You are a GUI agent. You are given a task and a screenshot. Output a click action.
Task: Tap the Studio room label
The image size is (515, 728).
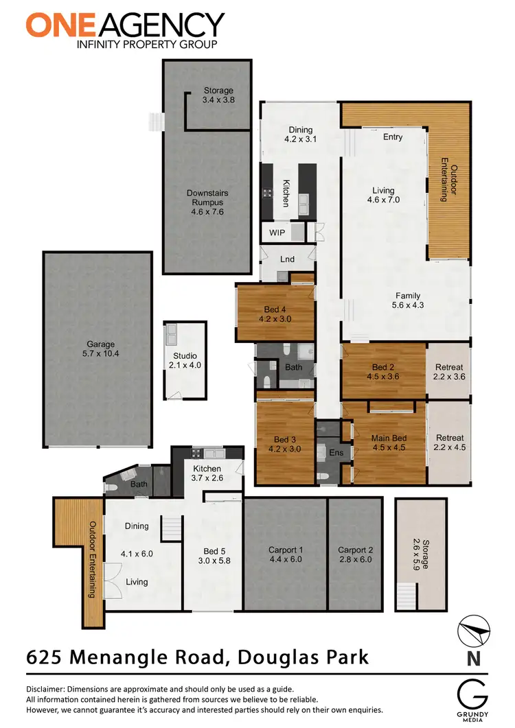click(x=185, y=355)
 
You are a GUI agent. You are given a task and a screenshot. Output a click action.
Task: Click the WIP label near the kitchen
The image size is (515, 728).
click(x=277, y=233)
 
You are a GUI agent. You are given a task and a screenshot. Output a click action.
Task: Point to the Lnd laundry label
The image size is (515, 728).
click(x=288, y=259)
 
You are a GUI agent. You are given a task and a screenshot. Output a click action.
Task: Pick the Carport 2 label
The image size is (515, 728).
click(x=355, y=550)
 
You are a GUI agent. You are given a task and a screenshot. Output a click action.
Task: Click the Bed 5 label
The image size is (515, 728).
click(x=214, y=551)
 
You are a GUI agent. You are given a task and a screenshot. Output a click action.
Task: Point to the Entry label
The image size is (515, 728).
click(x=393, y=137)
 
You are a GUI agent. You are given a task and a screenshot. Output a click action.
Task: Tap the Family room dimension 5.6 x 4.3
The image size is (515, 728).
click(x=407, y=306)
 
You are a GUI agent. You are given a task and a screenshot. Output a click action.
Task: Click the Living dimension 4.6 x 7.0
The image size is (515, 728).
click(x=383, y=200)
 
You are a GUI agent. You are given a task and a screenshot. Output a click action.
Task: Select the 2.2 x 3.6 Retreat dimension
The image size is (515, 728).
click(x=450, y=376)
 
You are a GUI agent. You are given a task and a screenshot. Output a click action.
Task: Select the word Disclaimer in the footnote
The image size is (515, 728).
click(x=45, y=689)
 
